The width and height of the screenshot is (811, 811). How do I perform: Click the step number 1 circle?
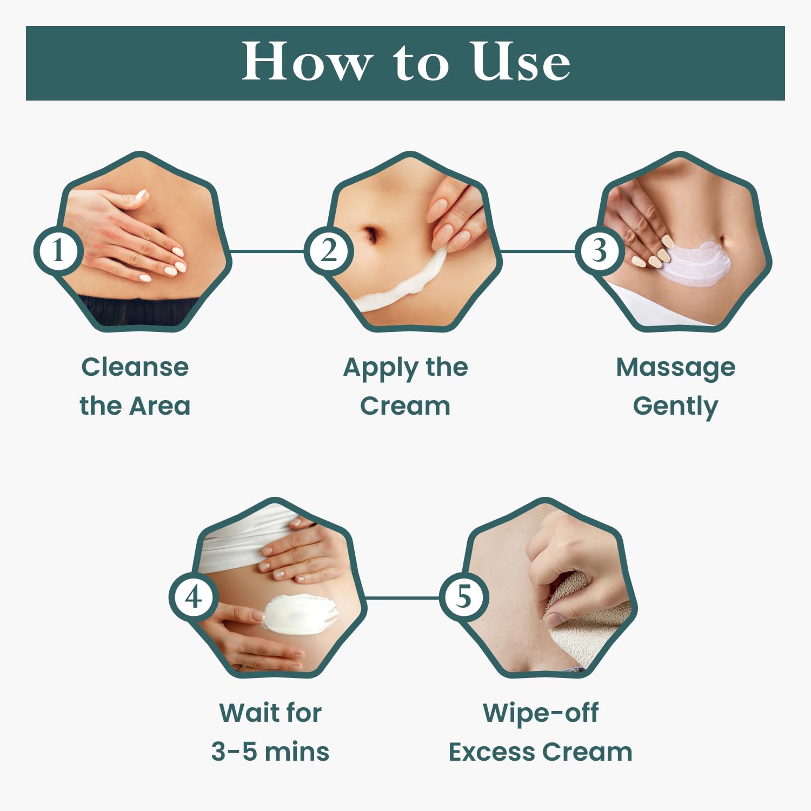58,251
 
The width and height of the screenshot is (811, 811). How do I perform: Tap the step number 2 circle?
329,251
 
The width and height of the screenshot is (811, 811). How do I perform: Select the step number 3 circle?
599,251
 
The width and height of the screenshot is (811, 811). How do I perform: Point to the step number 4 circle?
194,597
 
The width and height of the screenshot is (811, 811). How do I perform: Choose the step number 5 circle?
464,597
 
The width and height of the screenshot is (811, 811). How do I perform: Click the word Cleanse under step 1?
135,367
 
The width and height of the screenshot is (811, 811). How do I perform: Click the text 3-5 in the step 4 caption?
234,752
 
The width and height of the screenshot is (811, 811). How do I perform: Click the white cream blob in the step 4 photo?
298,614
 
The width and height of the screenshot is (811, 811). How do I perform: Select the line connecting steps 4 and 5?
402,597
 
